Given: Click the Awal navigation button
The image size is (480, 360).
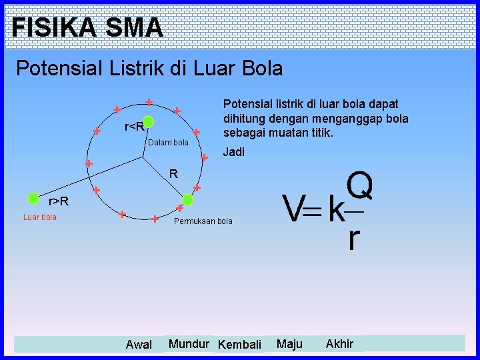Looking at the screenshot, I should point(139,345).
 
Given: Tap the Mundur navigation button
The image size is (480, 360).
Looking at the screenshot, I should point(189,344).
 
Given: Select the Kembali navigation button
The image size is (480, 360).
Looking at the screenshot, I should point(239,345).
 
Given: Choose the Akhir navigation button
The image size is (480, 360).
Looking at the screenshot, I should point(339,344).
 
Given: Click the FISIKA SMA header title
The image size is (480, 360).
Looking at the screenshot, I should point(87,27).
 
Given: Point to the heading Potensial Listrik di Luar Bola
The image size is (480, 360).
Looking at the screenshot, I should point(149,68).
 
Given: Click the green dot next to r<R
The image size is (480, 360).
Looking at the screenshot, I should point(149,122).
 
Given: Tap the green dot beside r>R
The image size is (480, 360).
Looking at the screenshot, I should point(33,198).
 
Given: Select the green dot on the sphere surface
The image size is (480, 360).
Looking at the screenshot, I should point(188,199).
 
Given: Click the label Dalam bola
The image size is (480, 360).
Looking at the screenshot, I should point(168,143).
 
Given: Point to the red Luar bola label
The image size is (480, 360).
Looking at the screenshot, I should point(40,217).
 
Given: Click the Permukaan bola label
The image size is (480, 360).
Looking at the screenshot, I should point(203,221).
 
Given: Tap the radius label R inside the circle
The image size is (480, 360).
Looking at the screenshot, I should point(173,175).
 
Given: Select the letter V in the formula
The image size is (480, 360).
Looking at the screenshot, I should point(293,210).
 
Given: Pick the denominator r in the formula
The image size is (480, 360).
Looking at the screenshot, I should point(353,239).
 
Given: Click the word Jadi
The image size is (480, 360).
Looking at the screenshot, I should point(233,152).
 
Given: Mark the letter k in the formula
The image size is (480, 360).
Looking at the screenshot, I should point(337,210).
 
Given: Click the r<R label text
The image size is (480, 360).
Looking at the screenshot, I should point(134,127).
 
